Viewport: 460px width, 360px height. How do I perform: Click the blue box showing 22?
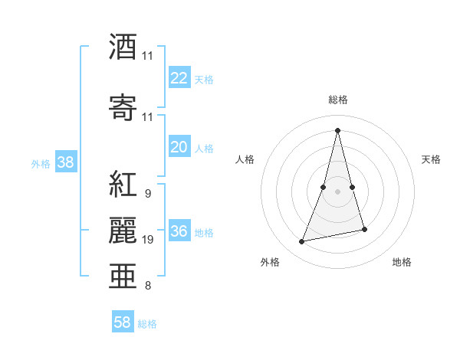pos(179,78)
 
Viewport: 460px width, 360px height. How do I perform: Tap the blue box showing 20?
pos(179,147)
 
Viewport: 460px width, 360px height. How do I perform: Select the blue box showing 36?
pos(179,231)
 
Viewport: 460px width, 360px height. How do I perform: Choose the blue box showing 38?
pos(65,162)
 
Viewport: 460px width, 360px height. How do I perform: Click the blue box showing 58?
pos(123,322)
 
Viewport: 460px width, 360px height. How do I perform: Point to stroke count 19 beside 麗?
pos(148,241)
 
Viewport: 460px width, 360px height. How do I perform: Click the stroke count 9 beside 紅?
pos(147,194)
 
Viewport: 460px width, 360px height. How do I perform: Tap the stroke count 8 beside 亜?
pos(147,286)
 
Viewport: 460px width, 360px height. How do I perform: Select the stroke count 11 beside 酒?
pos(148,56)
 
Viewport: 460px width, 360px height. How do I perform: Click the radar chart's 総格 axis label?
pos(338,100)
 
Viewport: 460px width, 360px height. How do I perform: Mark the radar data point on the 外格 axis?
pos(301,242)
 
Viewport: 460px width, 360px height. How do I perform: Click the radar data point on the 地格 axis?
pos(364,230)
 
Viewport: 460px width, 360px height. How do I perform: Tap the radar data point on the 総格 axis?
pos(338,129)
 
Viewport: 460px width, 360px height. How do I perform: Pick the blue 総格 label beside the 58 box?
pos(147,324)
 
